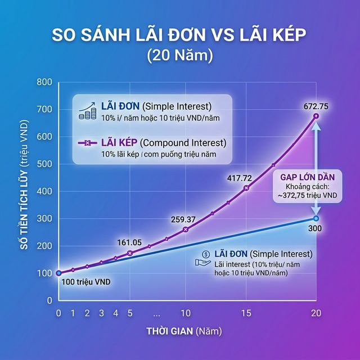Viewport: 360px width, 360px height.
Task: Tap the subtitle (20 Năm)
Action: click(180, 56)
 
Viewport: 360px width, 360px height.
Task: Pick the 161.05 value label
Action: click(128, 242)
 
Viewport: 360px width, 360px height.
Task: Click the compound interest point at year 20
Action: click(316, 116)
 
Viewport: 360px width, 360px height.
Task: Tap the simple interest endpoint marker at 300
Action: click(316, 218)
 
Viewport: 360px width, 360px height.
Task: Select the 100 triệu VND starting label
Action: click(86, 281)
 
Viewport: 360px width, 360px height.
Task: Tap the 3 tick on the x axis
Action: click(101, 313)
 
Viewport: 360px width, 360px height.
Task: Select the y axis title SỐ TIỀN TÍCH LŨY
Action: click(26, 191)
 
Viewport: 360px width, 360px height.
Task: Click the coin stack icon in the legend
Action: click(87, 110)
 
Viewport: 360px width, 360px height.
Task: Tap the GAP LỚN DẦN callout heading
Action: click(309, 175)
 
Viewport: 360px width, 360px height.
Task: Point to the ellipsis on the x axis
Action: click(157, 313)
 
